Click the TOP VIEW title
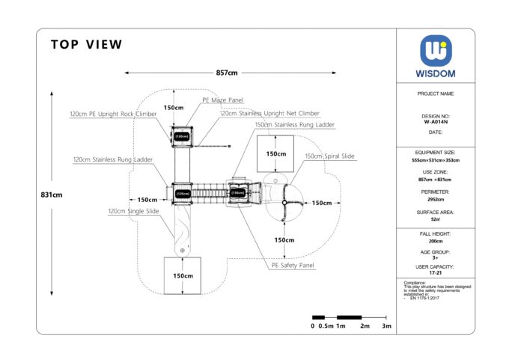click(x=87, y=45)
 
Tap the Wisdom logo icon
click(x=435, y=50)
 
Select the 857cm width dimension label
click(x=227, y=73)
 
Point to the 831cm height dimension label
click(x=52, y=195)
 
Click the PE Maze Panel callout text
click(x=222, y=100)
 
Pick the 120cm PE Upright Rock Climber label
click(x=113, y=114)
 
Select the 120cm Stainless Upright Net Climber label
click(x=269, y=114)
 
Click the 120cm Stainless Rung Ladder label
click(x=113, y=159)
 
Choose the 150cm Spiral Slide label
click(x=329, y=156)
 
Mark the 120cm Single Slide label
click(x=133, y=212)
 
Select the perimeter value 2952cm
click(x=435, y=200)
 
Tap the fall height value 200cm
click(x=435, y=242)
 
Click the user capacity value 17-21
click(x=435, y=274)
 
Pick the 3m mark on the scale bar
click(x=386, y=327)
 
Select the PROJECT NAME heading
click(x=435, y=94)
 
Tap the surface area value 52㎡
click(x=435, y=220)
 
